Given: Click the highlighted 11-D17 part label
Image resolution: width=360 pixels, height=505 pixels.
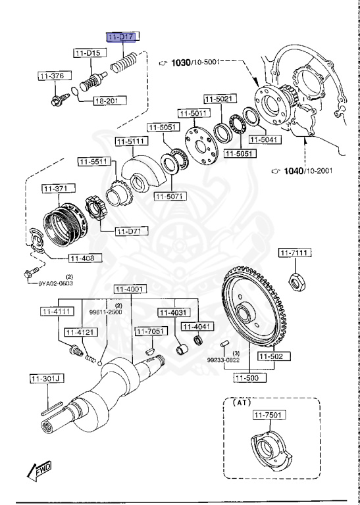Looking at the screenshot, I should click(x=122, y=37).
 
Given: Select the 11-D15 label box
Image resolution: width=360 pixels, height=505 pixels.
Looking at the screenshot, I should click(x=88, y=52).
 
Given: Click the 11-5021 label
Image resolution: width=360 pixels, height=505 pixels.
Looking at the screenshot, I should click(x=218, y=99).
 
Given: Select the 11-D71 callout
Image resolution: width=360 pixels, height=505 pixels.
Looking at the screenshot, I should click(x=132, y=231).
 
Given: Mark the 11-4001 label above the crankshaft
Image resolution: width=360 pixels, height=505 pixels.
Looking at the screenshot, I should click(x=129, y=289).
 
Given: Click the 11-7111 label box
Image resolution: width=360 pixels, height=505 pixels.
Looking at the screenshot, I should click(x=295, y=253).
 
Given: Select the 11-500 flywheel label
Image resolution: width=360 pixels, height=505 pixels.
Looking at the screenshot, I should click(x=250, y=377).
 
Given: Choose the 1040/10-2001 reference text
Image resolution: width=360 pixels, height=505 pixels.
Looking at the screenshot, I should click(x=307, y=171).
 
